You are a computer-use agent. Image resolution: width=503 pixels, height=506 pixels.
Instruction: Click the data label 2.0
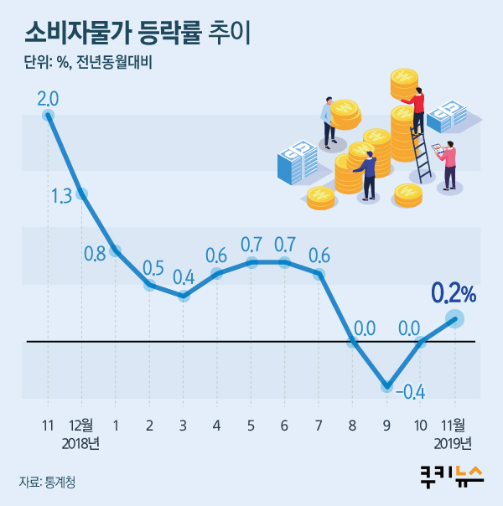[48, 99]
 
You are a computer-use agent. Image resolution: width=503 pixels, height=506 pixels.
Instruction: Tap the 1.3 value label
[61, 197]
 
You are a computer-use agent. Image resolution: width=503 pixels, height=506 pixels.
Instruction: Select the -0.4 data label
[408, 392]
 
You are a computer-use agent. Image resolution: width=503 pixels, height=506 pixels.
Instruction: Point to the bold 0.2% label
[454, 293]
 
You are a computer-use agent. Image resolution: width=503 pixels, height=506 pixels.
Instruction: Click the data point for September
[386, 386]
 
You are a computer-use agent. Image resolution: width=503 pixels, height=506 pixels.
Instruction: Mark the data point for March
[184, 296]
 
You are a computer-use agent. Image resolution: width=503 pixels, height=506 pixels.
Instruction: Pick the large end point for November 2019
[454, 318]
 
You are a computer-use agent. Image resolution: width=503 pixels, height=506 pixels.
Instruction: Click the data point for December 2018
[81, 194]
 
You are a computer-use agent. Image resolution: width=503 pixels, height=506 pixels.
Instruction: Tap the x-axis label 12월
[81, 425]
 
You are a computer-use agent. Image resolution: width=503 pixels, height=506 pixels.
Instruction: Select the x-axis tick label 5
[251, 425]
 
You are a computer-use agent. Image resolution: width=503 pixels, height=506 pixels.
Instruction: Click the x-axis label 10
[420, 425]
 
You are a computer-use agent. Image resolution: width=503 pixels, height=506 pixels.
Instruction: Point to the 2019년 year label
[454, 442]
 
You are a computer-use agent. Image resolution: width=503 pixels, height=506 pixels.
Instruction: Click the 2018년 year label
[81, 442]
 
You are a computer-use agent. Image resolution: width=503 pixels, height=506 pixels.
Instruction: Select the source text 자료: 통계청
[52, 482]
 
